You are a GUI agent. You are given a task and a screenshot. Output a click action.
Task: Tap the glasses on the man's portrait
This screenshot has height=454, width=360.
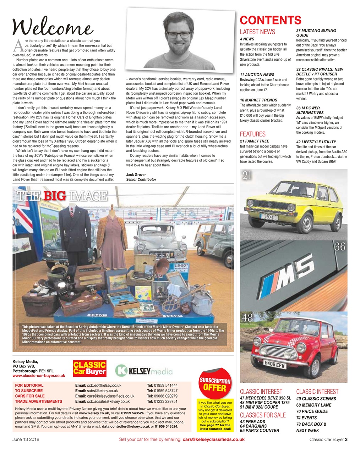tap(178, 35)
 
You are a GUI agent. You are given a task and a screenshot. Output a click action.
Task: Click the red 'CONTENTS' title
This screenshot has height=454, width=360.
tap(271, 20)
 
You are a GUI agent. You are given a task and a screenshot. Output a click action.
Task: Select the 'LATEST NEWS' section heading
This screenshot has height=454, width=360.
tap(257, 32)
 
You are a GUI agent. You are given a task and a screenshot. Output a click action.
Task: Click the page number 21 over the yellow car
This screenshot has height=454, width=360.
tap(247, 175)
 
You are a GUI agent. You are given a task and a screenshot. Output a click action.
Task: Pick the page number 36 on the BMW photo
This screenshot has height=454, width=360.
tap(340, 247)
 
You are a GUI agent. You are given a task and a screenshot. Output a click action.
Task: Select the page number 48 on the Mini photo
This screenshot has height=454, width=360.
tap(247, 318)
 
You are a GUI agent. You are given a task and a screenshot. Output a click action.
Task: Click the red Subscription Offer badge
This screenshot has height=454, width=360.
tap(215, 383)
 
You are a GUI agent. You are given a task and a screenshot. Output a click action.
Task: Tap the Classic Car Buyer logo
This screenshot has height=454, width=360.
tap(89, 368)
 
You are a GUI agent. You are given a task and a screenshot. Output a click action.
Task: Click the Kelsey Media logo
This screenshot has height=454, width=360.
tap(144, 371)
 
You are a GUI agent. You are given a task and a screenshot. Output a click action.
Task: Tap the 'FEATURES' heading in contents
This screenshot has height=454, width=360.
tap(252, 134)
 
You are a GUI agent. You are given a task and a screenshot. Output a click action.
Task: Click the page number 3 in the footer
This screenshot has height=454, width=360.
tap(346, 439)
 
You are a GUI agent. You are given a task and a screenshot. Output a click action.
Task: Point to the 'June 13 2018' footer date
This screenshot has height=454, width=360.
tap(26, 439)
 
